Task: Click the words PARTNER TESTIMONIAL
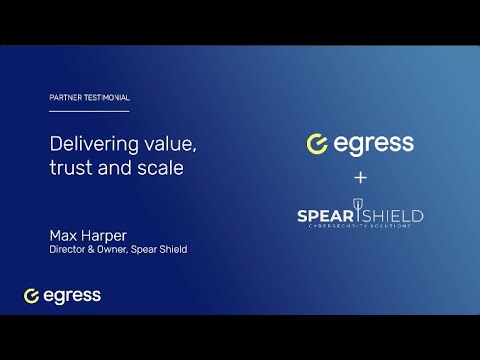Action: pyautogui.click(x=89, y=98)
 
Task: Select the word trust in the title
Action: pyautogui.click(x=70, y=168)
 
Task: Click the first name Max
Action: pyautogui.click(x=66, y=235)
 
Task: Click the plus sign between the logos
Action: pyautogui.click(x=360, y=177)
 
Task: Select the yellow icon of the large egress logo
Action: pyautogui.click(x=318, y=144)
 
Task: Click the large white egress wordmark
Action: pyautogui.click(x=375, y=144)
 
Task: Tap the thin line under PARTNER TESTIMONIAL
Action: pyautogui.click(x=89, y=111)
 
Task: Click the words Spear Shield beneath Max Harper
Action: pyautogui.click(x=161, y=250)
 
